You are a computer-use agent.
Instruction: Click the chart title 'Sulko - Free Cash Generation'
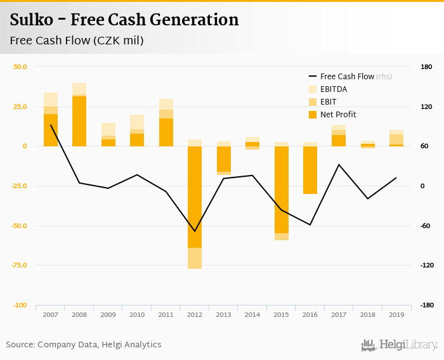124,20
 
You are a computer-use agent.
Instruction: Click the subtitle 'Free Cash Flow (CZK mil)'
77,41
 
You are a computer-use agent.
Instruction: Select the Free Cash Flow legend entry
346,77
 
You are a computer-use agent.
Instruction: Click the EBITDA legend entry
333,89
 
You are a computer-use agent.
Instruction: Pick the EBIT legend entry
328,102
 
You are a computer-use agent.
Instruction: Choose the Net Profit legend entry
337,115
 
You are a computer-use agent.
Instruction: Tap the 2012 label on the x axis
194,314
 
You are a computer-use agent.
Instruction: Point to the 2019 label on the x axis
396,314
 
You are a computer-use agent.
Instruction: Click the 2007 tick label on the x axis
50,314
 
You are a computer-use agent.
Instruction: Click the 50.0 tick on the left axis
20,67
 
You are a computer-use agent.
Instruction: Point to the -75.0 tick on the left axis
18,266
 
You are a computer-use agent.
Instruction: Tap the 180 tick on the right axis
426,67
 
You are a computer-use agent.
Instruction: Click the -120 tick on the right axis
425,266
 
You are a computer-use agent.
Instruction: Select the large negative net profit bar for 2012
194,196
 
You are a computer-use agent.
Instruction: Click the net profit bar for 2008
79,121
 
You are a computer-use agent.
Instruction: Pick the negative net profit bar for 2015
281,190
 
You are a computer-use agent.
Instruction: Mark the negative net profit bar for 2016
310,170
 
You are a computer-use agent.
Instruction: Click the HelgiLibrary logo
399,345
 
